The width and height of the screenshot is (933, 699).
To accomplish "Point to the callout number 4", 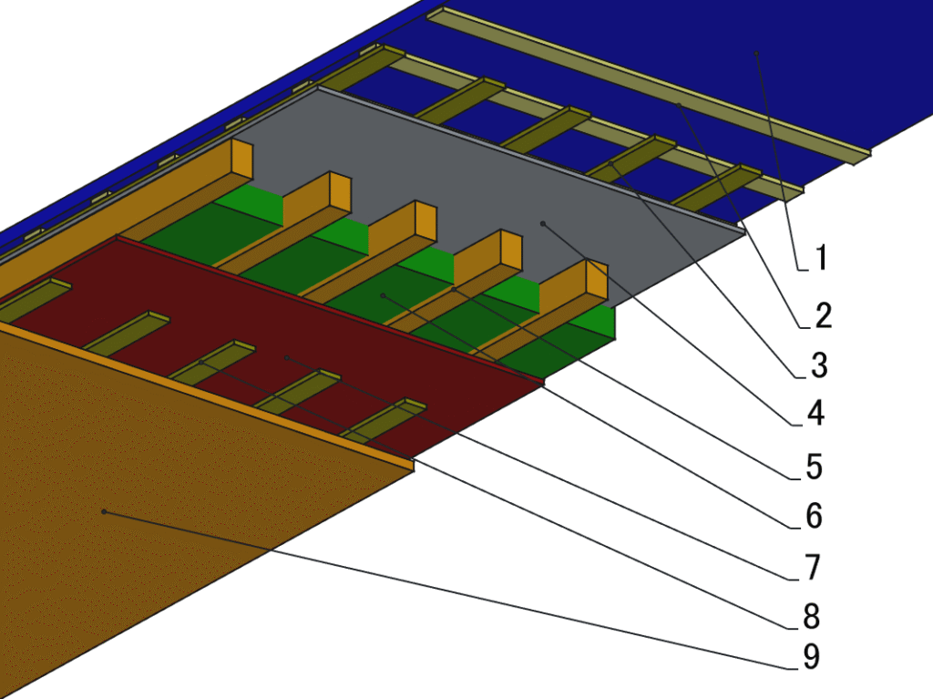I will pos(815,415).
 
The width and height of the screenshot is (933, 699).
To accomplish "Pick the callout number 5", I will pos(814,468).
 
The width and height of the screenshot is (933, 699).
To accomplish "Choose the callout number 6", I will pos(813,516).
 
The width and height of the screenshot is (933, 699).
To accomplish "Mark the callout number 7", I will pos(813,567).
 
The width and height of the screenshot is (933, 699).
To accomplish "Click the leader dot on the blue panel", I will pos(756,55).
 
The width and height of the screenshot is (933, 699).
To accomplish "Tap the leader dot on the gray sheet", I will pos(543,221).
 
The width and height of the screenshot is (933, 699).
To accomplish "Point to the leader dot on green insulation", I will pos(383,295).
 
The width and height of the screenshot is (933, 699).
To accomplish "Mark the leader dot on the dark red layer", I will pos(286,358).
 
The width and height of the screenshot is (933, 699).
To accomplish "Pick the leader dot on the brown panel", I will pos(105,512).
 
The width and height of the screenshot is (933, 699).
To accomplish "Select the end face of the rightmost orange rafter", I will pos(596,278).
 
